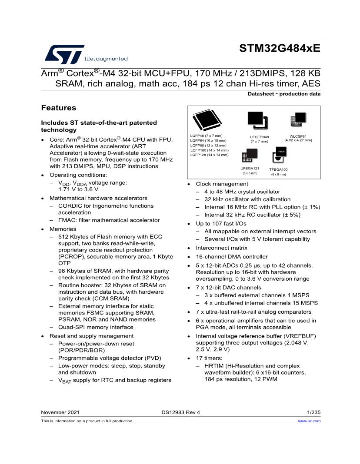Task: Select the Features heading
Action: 58,108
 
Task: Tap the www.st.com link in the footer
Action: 309,421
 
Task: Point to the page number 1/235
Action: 313,412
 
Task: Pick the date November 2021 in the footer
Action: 60,412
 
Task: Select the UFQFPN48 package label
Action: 259,137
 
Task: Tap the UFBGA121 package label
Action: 250,169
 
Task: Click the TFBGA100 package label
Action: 278,169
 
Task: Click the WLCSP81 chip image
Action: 298,120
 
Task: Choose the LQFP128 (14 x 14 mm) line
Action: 209,155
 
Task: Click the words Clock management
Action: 222,184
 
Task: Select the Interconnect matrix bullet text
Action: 221,248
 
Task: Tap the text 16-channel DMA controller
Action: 232,256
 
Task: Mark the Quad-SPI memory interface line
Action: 96,327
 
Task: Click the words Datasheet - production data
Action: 284,94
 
